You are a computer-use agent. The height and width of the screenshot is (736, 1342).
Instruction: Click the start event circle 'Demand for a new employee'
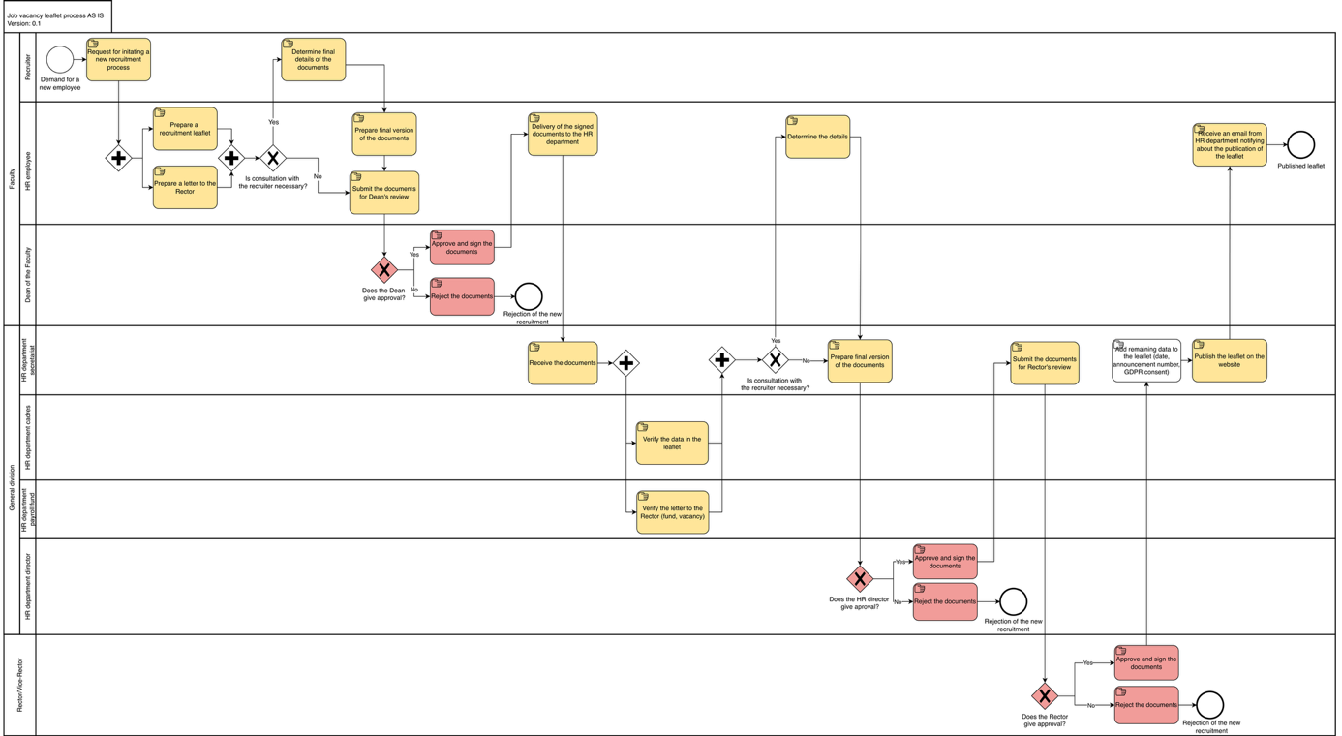60,59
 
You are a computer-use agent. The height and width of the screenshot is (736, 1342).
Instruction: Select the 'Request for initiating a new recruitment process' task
118,59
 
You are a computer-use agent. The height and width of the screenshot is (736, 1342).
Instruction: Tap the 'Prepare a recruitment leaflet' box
185,129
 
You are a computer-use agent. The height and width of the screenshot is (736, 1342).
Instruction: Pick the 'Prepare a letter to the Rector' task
185,187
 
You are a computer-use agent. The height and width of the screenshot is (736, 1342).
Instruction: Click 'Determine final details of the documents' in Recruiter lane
313,59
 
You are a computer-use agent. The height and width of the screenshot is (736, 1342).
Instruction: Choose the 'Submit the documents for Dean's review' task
384,193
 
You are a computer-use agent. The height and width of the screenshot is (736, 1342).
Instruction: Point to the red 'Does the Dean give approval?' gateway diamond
384,270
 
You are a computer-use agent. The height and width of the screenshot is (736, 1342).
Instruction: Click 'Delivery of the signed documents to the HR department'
563,135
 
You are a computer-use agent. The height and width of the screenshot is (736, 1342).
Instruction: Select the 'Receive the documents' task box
563,363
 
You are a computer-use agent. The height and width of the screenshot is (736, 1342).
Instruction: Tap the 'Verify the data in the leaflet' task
672,443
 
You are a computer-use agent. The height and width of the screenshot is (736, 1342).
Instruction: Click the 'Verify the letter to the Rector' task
672,512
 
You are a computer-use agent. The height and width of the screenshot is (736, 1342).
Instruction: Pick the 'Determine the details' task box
817,137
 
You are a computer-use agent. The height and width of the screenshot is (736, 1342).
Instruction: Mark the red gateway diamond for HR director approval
860,579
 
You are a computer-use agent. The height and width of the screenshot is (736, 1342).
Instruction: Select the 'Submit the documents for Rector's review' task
1045,363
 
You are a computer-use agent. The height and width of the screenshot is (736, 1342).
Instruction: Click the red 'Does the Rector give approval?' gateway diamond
1044,695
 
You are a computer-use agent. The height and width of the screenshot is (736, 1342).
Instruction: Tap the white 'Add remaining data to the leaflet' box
1146,360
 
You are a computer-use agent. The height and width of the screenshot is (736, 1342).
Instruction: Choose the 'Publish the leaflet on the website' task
1230,360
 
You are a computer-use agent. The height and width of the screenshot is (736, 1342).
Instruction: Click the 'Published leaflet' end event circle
1300,145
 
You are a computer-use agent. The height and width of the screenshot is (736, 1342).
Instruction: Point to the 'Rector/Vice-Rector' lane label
19,685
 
